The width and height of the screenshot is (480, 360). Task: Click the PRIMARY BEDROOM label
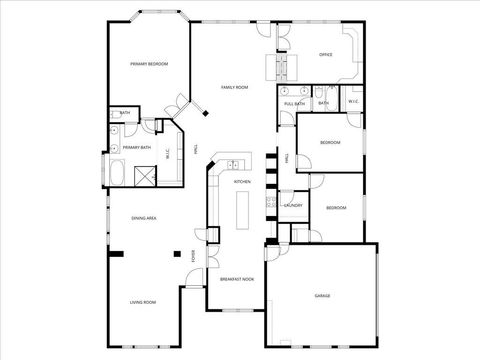click(x=148, y=64)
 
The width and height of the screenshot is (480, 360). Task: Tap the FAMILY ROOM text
click(x=235, y=88)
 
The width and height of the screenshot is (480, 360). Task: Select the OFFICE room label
click(x=325, y=54)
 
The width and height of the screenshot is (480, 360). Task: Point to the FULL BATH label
click(x=294, y=104)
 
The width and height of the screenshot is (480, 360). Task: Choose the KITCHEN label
click(x=242, y=182)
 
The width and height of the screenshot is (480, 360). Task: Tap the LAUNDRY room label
click(x=293, y=205)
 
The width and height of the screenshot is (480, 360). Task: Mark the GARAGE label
click(x=322, y=296)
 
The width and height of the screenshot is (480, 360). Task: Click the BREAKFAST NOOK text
click(x=237, y=279)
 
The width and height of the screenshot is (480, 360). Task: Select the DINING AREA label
click(x=144, y=218)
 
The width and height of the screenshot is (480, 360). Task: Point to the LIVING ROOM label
click(x=142, y=302)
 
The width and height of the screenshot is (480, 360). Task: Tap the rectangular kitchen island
click(x=242, y=210)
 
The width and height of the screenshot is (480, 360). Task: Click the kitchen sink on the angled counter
click(x=231, y=164)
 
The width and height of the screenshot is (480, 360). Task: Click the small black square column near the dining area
click(x=176, y=253)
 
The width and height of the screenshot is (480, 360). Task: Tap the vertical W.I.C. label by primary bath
click(x=167, y=153)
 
